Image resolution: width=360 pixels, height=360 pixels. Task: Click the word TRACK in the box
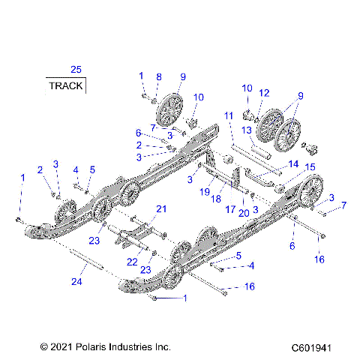click(66, 85)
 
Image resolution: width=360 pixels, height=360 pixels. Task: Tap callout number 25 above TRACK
click(76, 70)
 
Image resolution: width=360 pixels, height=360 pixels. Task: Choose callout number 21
click(160, 208)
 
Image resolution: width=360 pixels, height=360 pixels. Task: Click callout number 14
click(293, 163)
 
